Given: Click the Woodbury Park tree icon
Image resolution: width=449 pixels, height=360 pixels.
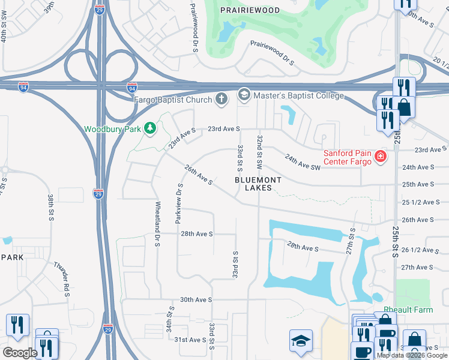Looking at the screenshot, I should [x=151, y=128].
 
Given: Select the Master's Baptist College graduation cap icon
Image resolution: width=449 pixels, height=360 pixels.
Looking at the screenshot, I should [x=244, y=95].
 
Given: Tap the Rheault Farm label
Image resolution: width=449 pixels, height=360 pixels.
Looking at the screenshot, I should [x=408, y=310].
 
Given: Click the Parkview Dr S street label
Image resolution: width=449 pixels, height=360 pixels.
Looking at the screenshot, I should [x=178, y=204].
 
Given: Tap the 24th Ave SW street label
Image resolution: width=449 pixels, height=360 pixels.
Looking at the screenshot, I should [x=303, y=162].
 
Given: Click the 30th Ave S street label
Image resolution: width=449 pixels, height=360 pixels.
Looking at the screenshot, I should [x=196, y=299].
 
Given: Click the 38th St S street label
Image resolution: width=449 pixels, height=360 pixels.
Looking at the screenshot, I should [x=50, y=207].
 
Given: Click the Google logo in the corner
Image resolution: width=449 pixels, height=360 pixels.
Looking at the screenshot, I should [x=20, y=353].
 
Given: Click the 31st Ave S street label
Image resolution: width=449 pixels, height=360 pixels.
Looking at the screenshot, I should [x=190, y=340].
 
